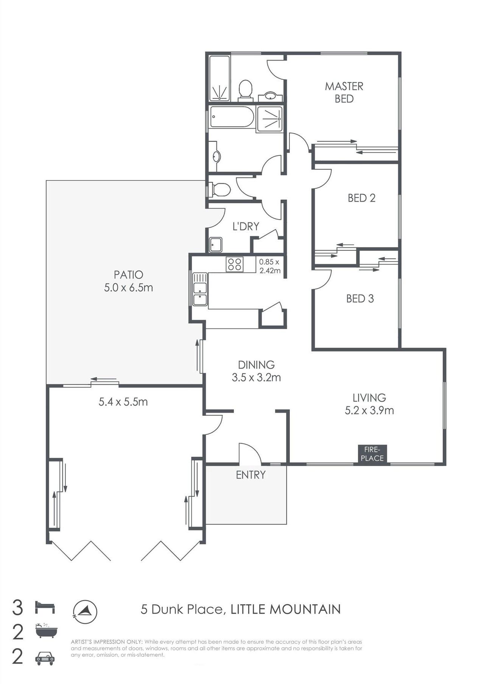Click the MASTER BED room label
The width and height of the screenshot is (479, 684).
[x=344, y=92]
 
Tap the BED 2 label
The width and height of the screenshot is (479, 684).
[x=361, y=198]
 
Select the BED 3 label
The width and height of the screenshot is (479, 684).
[x=360, y=298]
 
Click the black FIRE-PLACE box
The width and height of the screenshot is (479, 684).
[x=372, y=454]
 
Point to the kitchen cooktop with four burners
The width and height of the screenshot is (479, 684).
[x=235, y=264]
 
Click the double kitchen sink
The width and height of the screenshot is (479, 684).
[x=200, y=289]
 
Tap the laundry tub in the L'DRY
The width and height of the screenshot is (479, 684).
[x=216, y=244]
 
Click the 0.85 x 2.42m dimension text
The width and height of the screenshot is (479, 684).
[x=269, y=266]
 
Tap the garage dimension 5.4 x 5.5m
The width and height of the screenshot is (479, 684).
[x=123, y=402]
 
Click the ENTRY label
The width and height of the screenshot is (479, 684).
[x=250, y=475]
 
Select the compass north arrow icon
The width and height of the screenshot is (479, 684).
[x=85, y=612]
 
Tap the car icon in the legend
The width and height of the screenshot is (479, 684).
[x=45, y=658]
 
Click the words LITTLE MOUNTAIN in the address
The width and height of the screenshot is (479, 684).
[x=286, y=609]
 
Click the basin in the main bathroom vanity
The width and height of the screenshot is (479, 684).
[x=216, y=156]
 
